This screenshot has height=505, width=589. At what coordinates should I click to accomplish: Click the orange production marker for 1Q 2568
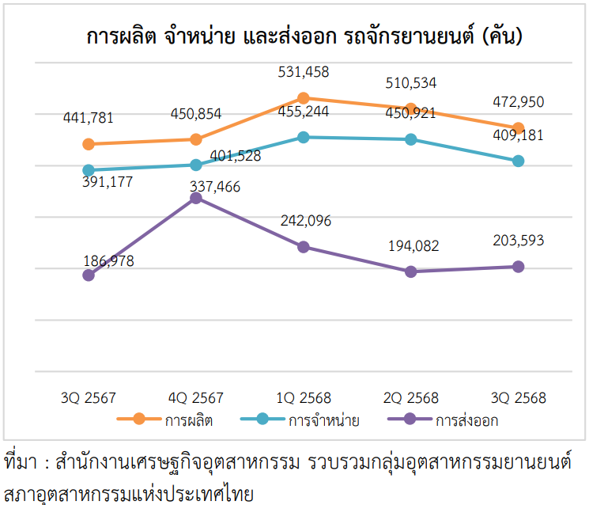tap(304, 98)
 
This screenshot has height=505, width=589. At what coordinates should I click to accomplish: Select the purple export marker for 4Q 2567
tap(196, 198)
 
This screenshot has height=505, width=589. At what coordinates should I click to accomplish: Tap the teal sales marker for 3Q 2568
tap(519, 161)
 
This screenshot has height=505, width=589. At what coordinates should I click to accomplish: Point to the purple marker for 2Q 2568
tap(411, 271)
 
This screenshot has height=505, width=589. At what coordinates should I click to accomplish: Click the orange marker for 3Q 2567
tap(89, 144)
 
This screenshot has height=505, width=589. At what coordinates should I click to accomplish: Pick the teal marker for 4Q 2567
tap(196, 165)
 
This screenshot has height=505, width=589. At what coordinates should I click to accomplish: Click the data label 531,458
tap(304, 73)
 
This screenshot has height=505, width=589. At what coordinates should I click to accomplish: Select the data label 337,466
tap(216, 187)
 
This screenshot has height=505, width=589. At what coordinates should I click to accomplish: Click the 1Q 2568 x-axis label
tap(304, 397)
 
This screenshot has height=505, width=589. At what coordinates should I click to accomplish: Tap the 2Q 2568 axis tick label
tap(411, 397)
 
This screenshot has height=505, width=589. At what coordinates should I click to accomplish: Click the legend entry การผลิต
tap(188, 420)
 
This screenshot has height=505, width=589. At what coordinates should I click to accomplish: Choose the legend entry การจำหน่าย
tap(323, 420)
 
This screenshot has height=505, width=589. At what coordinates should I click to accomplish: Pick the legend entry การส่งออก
tap(466, 420)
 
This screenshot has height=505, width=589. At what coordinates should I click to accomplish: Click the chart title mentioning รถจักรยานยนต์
tap(304, 36)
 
